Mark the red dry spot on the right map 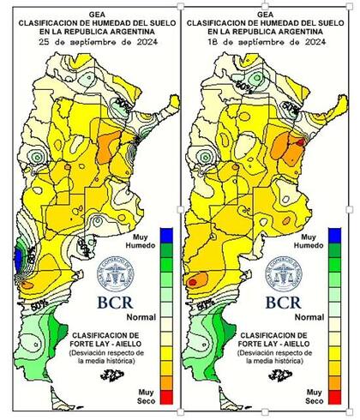click(193, 279)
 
